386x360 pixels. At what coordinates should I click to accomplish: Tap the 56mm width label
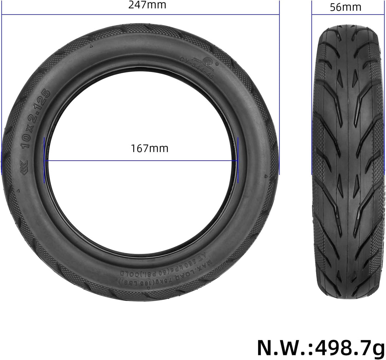(x=345, y=7)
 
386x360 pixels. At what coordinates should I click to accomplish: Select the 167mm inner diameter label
(x=149, y=148)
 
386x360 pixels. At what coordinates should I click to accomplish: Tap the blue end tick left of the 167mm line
(x=44, y=160)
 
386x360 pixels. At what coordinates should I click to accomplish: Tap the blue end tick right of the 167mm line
(x=238, y=160)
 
